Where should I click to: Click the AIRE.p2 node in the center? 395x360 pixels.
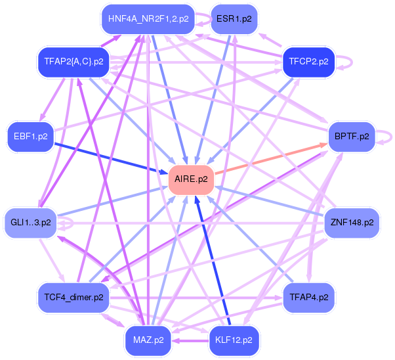point(192,179)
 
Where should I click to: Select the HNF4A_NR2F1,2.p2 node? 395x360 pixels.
point(148,18)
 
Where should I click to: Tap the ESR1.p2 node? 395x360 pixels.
point(234,18)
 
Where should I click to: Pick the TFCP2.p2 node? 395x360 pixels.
point(308,62)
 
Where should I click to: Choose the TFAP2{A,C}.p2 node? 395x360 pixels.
point(73,62)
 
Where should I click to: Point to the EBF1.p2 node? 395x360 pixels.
point(30,137)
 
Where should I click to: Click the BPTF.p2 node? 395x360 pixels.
point(351,137)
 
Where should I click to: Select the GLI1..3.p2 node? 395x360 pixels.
point(31,222)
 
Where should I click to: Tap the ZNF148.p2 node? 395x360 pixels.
point(352,222)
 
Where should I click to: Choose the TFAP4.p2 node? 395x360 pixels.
point(308,297)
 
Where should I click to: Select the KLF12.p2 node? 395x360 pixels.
point(234,340)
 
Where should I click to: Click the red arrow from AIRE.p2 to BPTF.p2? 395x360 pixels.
point(269,158)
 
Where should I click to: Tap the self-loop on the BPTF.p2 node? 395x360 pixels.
point(388,137)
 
